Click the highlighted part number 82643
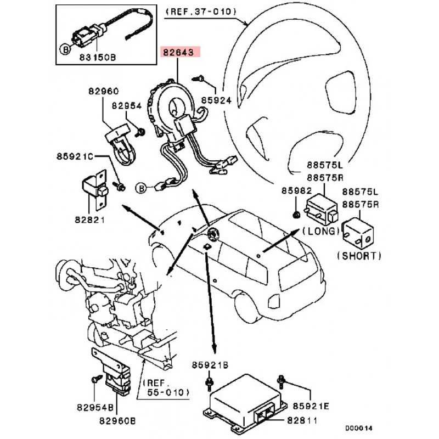coord(181,53)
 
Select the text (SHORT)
coord(358,256)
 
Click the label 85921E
coord(311,406)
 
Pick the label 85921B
coord(209,365)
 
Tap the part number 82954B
coord(95,408)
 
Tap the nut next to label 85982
coord(296,212)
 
